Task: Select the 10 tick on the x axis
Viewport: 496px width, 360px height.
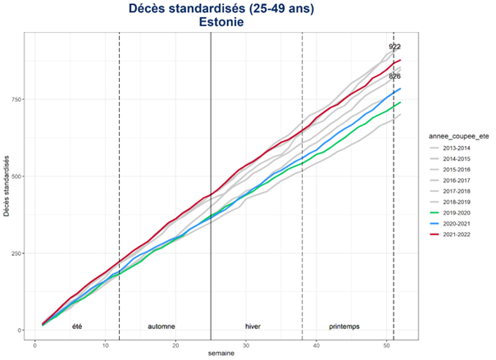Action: [x=105, y=345]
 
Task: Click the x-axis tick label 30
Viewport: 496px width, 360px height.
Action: [x=246, y=345]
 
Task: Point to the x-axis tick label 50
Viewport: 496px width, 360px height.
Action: [x=387, y=345]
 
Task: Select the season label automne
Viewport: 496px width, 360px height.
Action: [x=161, y=326]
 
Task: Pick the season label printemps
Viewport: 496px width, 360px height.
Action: [x=344, y=326]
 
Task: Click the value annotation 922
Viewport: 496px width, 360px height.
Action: [x=394, y=47]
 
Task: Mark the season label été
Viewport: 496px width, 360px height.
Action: [x=77, y=326]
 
